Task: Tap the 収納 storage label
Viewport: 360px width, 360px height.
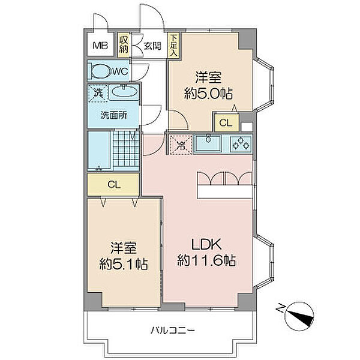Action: coord(124,44)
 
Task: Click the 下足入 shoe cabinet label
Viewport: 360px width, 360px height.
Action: coord(173,45)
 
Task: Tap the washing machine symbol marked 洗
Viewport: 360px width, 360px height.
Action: coord(98,93)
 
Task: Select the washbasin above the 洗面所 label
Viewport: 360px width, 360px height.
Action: coord(124,93)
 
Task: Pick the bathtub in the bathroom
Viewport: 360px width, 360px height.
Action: coord(99,150)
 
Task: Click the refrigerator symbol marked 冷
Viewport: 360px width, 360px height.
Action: coord(179,144)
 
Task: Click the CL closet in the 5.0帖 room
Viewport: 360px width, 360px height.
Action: coord(225,123)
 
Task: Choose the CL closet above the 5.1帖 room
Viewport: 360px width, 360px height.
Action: coord(114,185)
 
